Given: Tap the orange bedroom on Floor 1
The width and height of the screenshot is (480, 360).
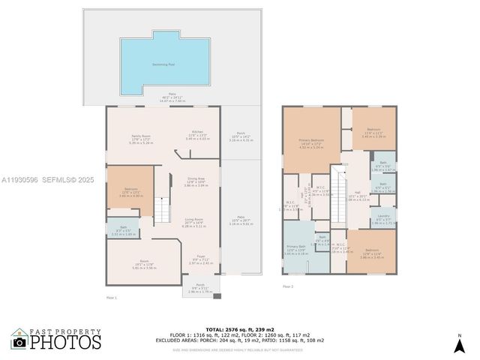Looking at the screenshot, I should (129, 193).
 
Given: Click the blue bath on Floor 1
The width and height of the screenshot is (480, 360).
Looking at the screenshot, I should (121, 232).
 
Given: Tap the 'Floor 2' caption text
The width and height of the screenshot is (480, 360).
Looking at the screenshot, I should (288, 286).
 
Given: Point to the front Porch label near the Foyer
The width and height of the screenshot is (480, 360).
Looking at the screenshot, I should (200, 286).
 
